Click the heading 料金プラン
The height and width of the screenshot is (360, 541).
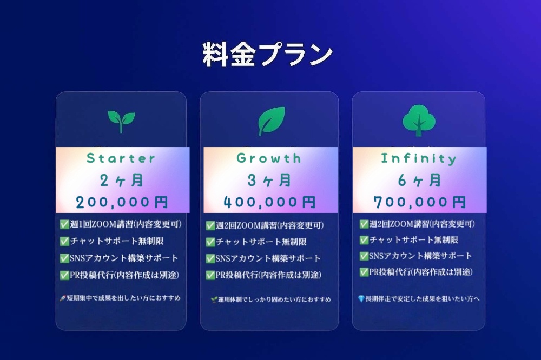[x=267, y=55]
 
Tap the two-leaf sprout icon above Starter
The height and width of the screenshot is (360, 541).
[x=121, y=121]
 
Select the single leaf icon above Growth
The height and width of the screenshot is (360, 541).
[x=272, y=121]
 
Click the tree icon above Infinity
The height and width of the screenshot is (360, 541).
[x=419, y=121]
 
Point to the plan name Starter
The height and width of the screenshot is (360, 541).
[x=121, y=158]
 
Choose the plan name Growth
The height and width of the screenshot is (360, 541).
[x=269, y=158]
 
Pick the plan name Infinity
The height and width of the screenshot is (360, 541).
[x=419, y=158]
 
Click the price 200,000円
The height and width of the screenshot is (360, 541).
[x=122, y=202]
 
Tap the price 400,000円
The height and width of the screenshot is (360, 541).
[x=269, y=202]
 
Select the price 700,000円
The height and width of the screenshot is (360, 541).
[x=420, y=202]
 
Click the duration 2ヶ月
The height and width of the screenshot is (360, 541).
[x=121, y=181]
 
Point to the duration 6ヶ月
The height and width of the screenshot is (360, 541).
[x=420, y=181]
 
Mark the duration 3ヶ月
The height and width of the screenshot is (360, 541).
[x=269, y=181]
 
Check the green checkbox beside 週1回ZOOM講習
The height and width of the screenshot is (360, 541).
[x=64, y=224]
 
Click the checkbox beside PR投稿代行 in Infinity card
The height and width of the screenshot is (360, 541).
[x=364, y=272]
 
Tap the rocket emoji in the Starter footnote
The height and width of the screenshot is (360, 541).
[x=62, y=298]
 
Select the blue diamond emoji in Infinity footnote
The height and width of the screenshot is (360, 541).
[x=361, y=298]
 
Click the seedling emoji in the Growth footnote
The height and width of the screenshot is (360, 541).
[x=214, y=299]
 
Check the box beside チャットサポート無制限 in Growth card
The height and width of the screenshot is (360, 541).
[x=210, y=242]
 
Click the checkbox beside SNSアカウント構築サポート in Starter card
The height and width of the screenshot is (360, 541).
[x=64, y=258]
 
